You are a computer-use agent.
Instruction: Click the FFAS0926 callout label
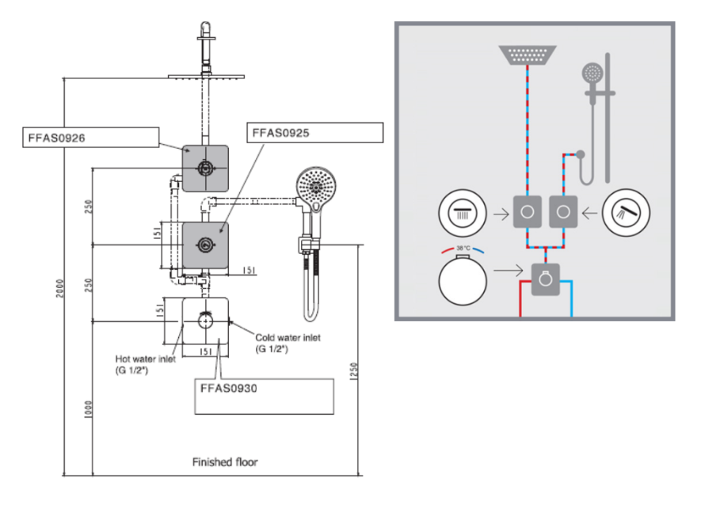54,138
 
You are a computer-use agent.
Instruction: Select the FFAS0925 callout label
281,132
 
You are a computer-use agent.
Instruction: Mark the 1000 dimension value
89,409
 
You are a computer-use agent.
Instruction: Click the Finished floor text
224,461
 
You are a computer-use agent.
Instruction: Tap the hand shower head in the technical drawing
317,188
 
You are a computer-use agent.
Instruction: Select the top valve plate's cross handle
205,168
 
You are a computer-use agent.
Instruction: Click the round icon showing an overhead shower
463,213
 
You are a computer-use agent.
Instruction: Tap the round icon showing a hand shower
627,213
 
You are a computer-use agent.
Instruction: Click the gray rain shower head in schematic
528,55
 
